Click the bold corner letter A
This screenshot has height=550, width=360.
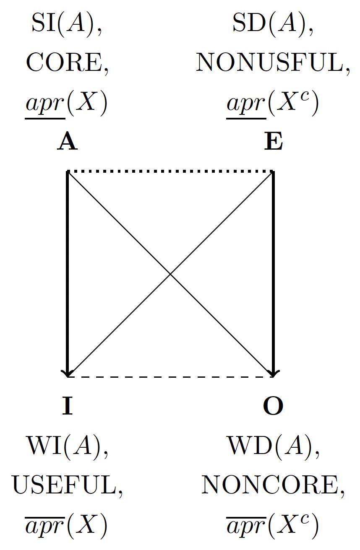click(x=68, y=142)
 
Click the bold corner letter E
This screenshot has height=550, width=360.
click(x=273, y=142)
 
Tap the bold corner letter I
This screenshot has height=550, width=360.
click(x=68, y=406)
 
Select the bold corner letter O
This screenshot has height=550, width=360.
click(x=273, y=406)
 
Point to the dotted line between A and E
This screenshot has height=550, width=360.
click(x=170, y=171)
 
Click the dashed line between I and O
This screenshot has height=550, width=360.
click(x=170, y=376)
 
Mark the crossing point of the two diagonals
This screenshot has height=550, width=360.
click(x=170, y=274)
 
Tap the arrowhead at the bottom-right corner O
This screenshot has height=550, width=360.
click(x=273, y=373)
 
